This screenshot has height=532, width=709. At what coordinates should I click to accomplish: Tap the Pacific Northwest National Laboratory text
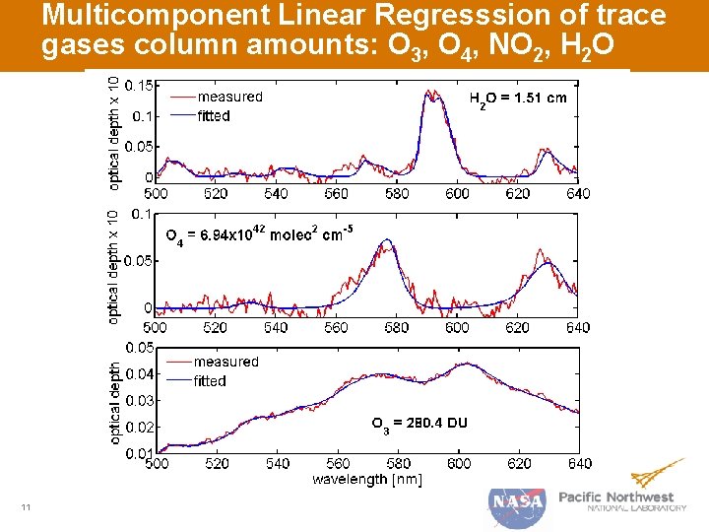[622, 501]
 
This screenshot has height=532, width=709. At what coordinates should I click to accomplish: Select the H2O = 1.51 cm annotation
[517, 99]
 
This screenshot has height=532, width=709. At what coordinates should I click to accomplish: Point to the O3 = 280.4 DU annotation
[419, 424]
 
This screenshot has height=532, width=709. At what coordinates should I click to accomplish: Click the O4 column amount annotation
[259, 234]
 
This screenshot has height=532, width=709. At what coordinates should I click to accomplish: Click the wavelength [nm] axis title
[366, 479]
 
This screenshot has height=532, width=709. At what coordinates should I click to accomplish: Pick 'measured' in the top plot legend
[229, 97]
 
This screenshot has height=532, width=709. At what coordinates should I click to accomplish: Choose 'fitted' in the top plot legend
[214, 115]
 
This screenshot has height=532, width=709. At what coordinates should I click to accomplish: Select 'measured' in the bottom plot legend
[226, 362]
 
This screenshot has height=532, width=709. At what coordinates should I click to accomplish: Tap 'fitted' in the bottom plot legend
[210, 380]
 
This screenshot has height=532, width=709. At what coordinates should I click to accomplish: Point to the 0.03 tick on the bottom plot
[139, 400]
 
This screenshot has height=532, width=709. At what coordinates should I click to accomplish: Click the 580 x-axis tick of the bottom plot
[398, 463]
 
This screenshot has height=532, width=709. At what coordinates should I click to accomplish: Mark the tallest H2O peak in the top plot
[430, 92]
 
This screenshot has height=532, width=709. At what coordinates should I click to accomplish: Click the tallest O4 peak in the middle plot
[388, 239]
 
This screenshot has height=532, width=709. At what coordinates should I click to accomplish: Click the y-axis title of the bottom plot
[116, 401]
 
